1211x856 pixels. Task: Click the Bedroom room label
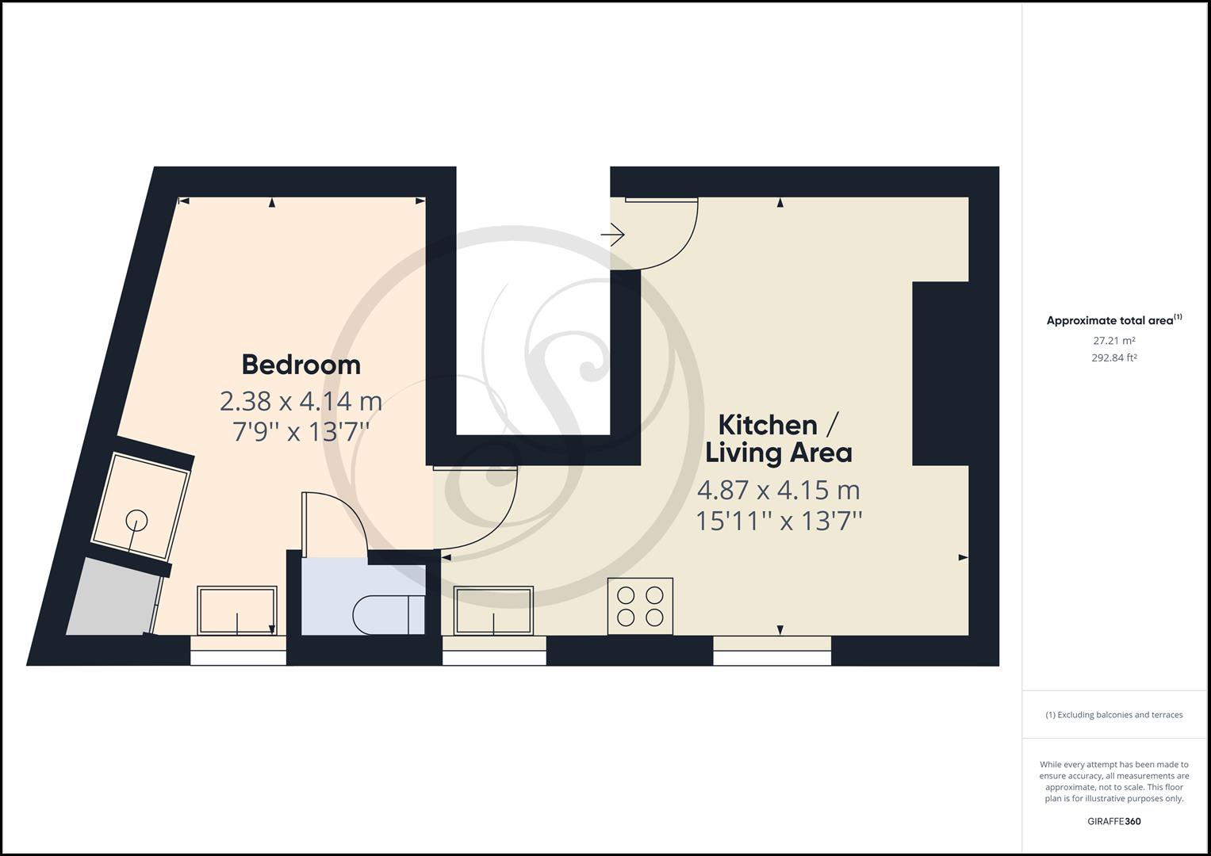click(301, 365)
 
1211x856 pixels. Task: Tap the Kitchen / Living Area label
click(779, 439)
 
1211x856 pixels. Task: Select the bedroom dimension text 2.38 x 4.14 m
click(301, 402)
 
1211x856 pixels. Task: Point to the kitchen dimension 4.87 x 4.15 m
click(779, 490)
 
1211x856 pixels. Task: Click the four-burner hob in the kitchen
click(640, 606)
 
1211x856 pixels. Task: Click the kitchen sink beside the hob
click(493, 610)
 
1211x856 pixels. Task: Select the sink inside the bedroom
click(237, 610)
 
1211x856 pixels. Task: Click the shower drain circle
click(136, 521)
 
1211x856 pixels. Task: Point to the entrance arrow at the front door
click(612, 235)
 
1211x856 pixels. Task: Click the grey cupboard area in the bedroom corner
click(113, 597)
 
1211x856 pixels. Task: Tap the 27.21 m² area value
click(1113, 341)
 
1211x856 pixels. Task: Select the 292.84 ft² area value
click(1113, 357)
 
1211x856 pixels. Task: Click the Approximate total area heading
click(1113, 320)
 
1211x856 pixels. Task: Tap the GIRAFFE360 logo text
click(1113, 821)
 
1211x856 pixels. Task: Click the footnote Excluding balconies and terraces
click(1113, 715)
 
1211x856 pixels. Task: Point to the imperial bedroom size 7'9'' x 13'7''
click(301, 432)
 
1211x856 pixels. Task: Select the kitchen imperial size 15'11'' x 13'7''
click(779, 522)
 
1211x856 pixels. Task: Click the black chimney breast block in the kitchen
click(940, 373)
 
